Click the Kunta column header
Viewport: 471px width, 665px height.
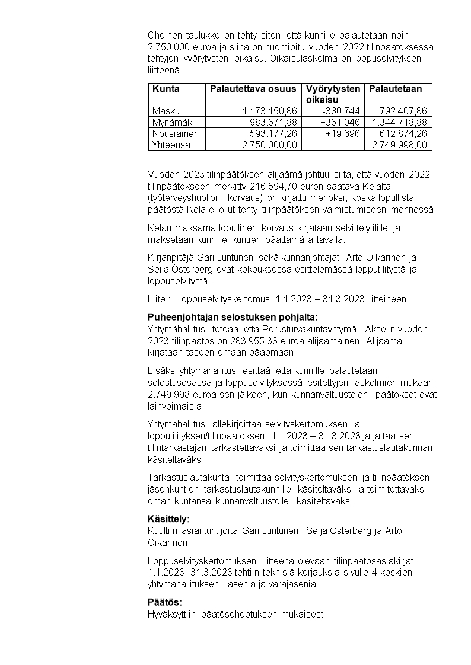point(166,89)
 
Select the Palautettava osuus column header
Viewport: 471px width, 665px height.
point(253,89)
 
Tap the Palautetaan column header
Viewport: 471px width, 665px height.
point(396,89)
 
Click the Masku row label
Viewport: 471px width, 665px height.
point(166,111)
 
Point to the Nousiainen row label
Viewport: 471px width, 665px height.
point(175,133)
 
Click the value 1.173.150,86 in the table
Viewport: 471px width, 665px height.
point(270,111)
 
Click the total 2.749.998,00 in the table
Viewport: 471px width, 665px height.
point(399,145)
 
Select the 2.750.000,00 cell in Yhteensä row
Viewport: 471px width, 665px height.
point(270,145)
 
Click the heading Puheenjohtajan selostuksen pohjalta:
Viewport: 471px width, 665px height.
point(233,317)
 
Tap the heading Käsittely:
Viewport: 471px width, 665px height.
point(169,519)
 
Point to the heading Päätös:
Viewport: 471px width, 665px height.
point(165,602)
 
